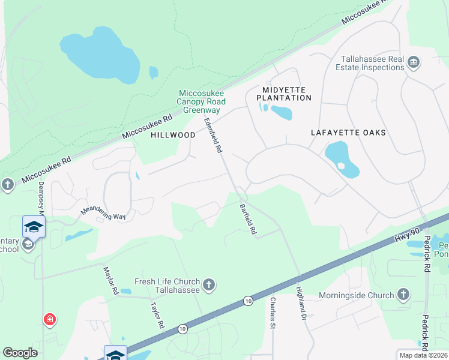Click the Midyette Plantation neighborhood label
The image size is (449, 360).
point(283,93)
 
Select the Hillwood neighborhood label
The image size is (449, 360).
point(173,136)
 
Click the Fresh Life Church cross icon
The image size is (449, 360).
point(208,284)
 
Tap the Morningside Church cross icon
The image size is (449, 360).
point(403,295)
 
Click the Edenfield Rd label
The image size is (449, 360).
point(214,134)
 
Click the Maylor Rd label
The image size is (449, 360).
point(110,281)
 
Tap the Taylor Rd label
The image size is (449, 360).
point(157,314)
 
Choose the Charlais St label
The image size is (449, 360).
point(273,313)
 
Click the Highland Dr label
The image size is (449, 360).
point(301,302)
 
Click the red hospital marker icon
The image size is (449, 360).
point(49,320)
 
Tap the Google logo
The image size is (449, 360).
point(20,353)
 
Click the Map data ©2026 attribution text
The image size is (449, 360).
point(423,355)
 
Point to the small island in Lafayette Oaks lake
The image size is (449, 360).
point(341,166)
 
